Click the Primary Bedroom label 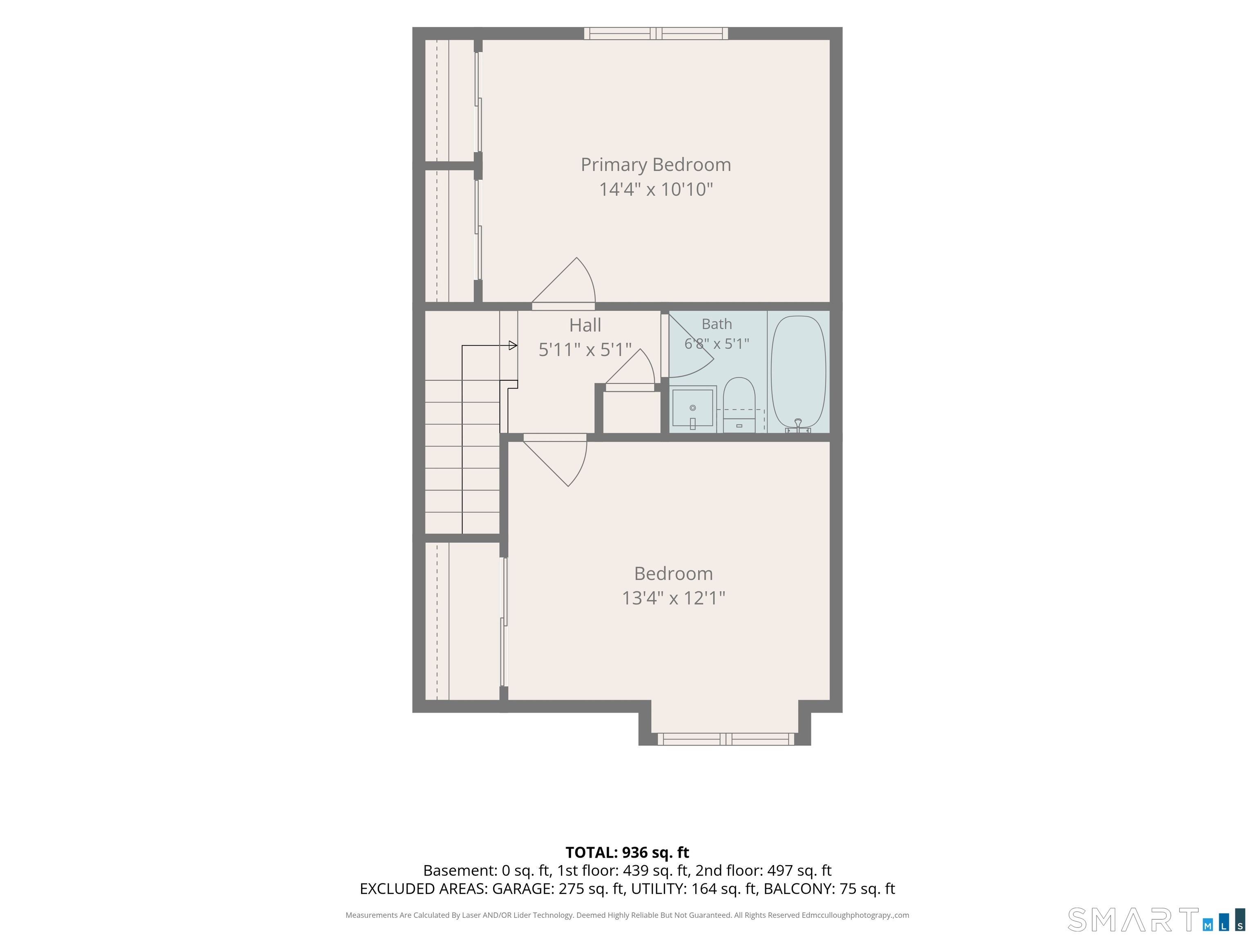pos(656,165)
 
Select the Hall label pos(585,326)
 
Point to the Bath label pos(717,324)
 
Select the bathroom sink pos(693,408)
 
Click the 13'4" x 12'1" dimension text pos(673,598)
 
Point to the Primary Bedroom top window pos(656,33)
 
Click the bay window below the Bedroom pos(726,739)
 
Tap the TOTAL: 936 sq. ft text pos(627,852)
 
